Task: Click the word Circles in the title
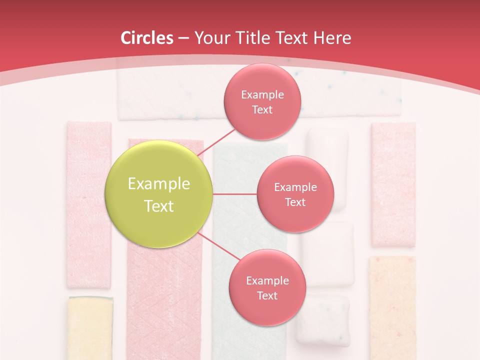coord(147,38)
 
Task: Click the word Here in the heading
coord(332,38)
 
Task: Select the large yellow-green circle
coord(158,194)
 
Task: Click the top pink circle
coord(262,101)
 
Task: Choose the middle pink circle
coord(295,194)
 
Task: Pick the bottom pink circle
coord(267,287)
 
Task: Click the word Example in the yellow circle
coord(159,184)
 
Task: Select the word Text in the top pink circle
coord(262,110)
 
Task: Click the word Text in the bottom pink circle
coord(267,296)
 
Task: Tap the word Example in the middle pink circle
coord(295,187)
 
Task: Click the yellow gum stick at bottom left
coord(90,327)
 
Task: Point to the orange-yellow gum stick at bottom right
coord(392,307)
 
